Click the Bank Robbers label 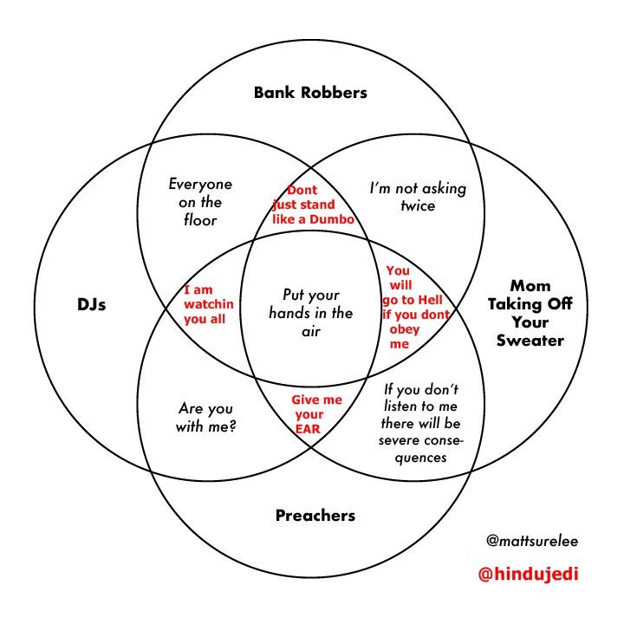tap(310, 92)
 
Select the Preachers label tap(315, 516)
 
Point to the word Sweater tap(530, 340)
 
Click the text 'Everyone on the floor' tap(200, 202)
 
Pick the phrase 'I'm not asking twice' tap(418, 197)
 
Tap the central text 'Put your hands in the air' tap(311, 312)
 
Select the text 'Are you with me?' tap(207, 417)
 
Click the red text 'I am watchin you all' tap(205, 304)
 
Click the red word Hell tap(430, 299)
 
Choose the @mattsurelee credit tap(532, 541)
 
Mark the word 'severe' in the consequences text tap(399, 440)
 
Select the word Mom tap(530, 285)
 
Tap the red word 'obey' tap(405, 329)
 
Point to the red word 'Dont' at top tap(302, 190)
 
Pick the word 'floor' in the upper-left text tap(199, 220)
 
